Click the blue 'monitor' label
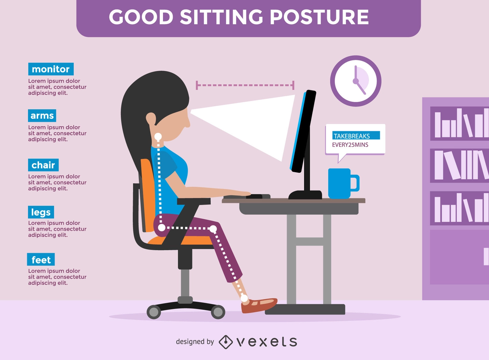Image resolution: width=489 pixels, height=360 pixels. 51,69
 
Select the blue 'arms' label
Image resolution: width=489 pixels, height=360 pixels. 42,115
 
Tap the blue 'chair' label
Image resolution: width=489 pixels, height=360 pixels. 43,165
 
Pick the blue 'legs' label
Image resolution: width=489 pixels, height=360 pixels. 41,212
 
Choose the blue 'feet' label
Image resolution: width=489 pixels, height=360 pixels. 41,259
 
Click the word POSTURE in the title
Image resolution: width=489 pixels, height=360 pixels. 319,17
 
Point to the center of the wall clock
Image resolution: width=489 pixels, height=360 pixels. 356,81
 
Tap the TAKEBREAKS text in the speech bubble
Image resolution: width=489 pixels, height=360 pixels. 352,136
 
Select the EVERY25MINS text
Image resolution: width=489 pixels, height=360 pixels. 350,145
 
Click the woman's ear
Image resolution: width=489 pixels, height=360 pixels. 151,119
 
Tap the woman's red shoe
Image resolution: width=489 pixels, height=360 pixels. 259,306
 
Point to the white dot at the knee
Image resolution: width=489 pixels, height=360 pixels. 213,229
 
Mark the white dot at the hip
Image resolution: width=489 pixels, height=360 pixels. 162,228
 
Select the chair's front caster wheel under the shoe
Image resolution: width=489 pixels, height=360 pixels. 218,312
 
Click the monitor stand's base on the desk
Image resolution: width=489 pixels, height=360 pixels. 305,195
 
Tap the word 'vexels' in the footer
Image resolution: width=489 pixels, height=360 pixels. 267,342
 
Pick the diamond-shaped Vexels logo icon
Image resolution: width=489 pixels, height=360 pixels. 226,342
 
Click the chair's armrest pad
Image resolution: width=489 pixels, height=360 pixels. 194,201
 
